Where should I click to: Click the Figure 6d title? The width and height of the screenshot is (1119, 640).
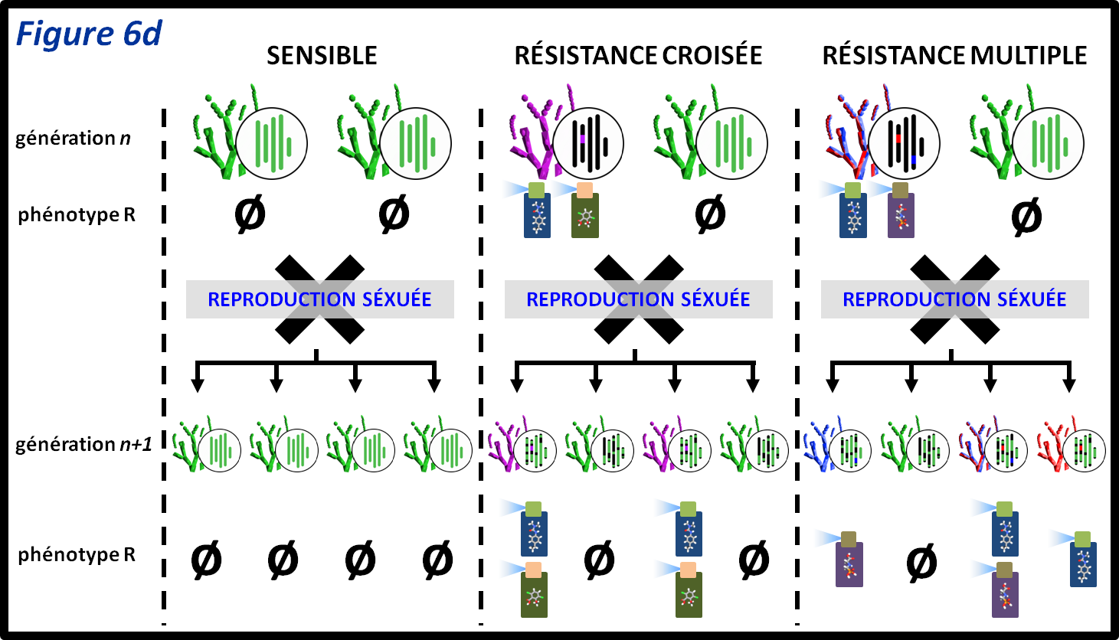pyautogui.click(x=89, y=34)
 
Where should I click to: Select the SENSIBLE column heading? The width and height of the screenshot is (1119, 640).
pyautogui.click(x=322, y=56)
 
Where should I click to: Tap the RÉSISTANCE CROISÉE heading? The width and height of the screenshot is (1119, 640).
pyautogui.click(x=638, y=56)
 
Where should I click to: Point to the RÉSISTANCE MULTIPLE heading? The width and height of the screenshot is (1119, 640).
pyautogui.click(x=954, y=56)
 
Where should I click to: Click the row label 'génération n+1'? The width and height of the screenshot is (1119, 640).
pyautogui.click(x=83, y=445)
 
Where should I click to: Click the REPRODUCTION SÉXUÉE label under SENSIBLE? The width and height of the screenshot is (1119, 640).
pyautogui.click(x=319, y=299)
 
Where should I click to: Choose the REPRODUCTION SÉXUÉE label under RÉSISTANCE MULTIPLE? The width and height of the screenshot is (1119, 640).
pyautogui.click(x=954, y=299)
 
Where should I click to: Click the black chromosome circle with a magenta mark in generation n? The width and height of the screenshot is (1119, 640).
pyautogui.click(x=587, y=144)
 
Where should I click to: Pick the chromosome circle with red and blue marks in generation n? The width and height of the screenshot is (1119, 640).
pyautogui.click(x=905, y=144)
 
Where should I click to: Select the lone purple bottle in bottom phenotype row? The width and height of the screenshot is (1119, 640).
pyautogui.click(x=849, y=560)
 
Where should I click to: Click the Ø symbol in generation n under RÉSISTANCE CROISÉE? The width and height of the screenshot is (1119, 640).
pyautogui.click(x=709, y=215)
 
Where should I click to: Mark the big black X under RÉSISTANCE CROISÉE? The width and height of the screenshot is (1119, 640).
pyautogui.click(x=638, y=299)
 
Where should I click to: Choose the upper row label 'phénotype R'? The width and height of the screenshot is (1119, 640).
pyautogui.click(x=77, y=215)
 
